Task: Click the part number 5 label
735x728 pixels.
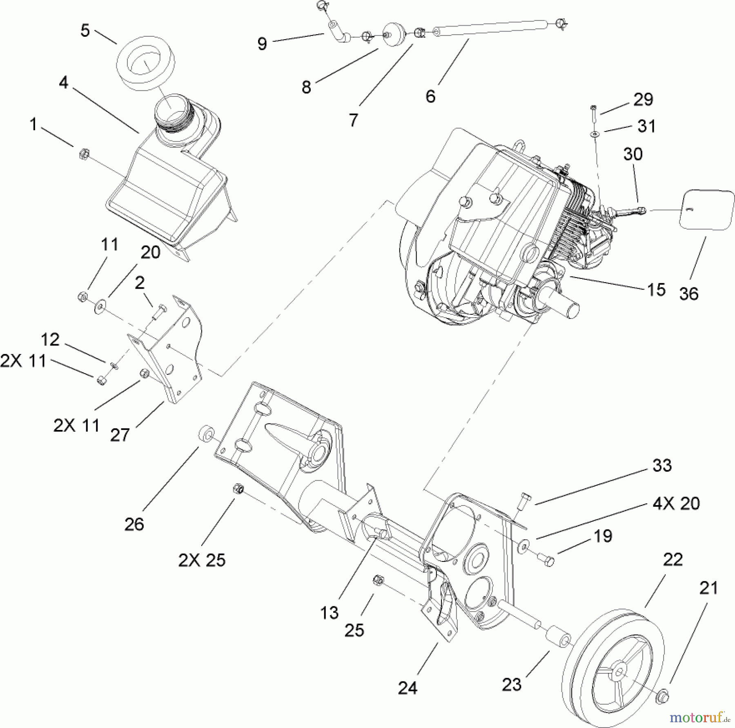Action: [x=85, y=31]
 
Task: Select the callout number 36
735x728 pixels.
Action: [x=689, y=294]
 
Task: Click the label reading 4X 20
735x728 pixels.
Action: [x=676, y=503]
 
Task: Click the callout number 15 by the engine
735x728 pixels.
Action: [x=656, y=289]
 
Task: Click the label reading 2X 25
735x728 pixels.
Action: [x=202, y=560]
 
